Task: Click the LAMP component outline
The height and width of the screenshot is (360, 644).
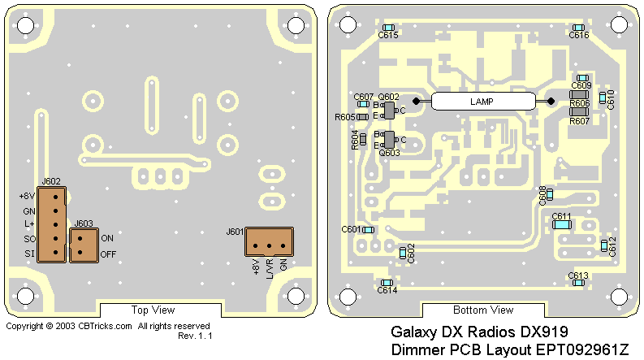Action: (483, 102)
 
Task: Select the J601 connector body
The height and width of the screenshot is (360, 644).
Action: (269, 241)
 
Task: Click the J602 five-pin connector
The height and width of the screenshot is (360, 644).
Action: (51, 224)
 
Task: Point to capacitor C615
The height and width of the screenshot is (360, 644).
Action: (388, 27)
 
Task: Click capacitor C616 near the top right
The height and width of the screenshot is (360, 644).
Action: (579, 27)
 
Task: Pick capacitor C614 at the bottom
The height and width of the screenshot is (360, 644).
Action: (387, 283)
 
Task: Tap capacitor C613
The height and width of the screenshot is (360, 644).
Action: (578, 284)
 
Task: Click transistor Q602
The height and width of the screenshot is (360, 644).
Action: (390, 111)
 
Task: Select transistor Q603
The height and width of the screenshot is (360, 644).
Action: (390, 140)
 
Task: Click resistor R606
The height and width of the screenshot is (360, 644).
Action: (579, 94)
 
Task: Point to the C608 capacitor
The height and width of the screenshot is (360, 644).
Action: (551, 193)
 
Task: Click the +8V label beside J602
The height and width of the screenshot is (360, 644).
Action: (27, 196)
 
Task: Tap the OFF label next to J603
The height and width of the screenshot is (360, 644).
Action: (108, 254)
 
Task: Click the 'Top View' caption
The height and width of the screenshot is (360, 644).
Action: (153, 310)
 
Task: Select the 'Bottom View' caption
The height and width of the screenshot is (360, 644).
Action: (482, 310)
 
